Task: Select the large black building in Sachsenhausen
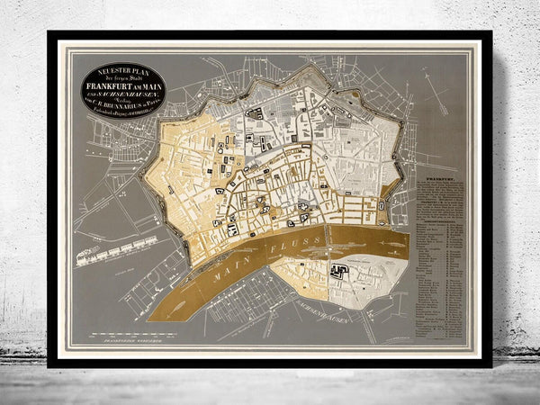340,270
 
